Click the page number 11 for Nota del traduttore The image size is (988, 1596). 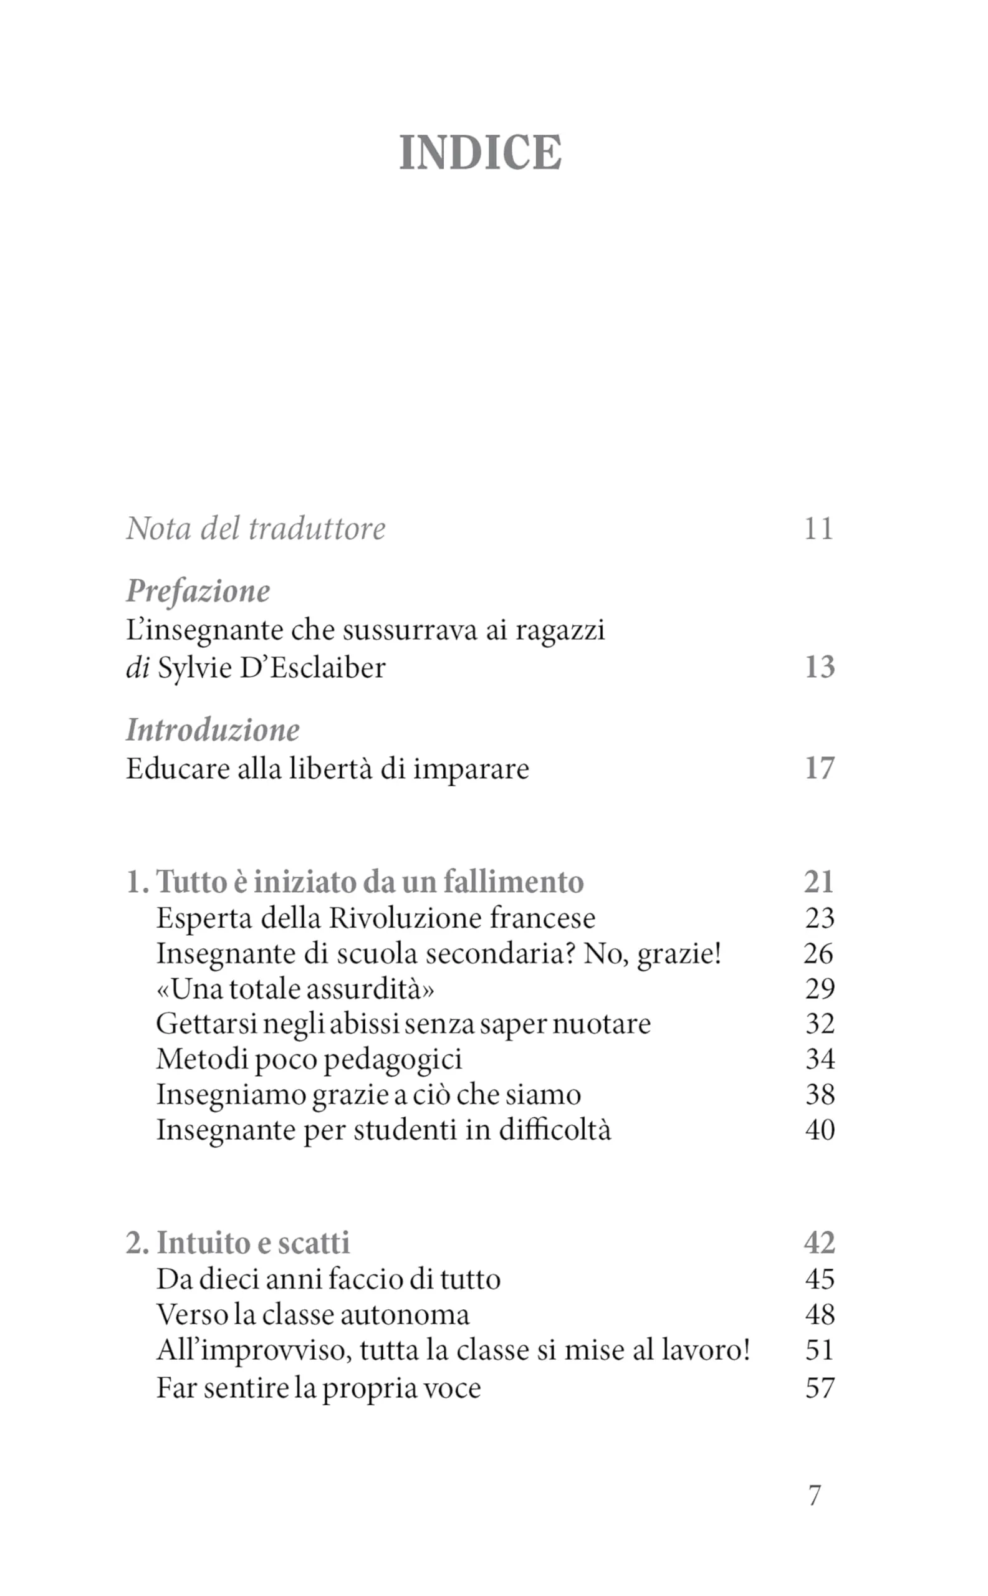818,528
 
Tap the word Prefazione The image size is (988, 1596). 198,591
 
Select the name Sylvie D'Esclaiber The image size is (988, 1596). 272,668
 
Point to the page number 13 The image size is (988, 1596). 820,666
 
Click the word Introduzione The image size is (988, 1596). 213,730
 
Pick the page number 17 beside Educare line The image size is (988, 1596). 820,768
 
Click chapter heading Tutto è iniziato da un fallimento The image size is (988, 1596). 369,882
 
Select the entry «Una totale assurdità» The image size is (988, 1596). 295,989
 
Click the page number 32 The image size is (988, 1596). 820,1024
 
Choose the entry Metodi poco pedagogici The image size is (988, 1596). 309,1059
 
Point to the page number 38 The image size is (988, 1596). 820,1095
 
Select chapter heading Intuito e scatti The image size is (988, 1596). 253,1243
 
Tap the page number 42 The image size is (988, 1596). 820,1243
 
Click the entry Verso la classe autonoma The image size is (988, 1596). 313,1314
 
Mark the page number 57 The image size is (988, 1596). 820,1388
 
